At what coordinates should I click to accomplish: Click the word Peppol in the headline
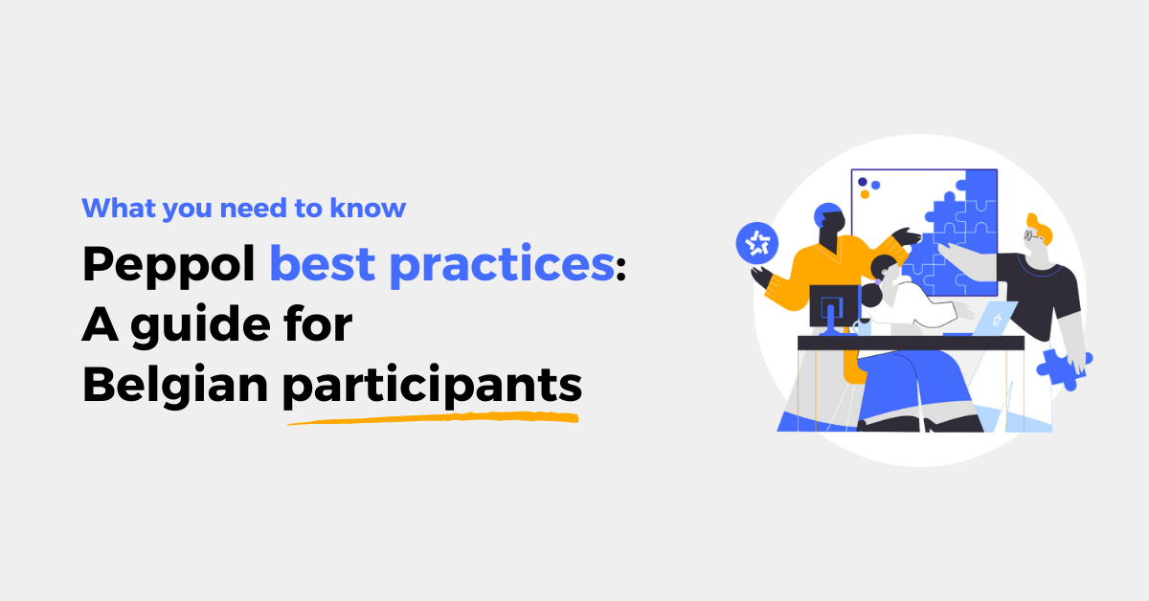coord(169,264)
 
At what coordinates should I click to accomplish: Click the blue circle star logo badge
coord(757,243)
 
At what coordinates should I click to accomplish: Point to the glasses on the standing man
coord(1029,235)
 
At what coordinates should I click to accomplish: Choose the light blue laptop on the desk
coord(992,319)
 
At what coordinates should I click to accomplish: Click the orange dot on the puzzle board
coord(865,194)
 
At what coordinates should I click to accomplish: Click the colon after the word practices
coord(620,269)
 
